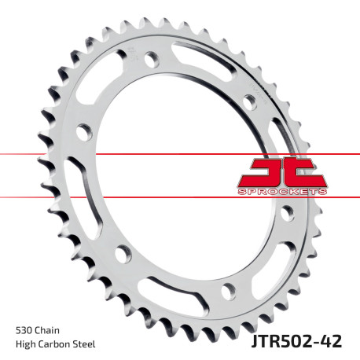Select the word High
point(27,344)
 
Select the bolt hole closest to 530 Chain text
point(122,253)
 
